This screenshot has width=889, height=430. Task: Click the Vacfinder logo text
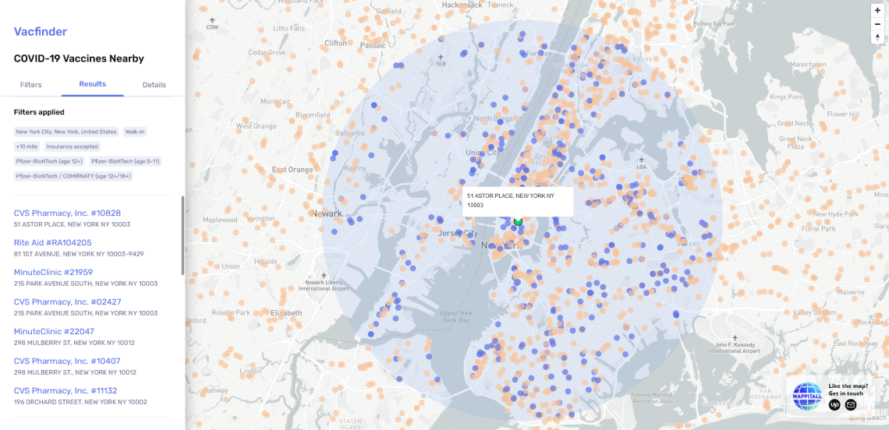pos(41,32)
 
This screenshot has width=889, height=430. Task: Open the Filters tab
pos(31,84)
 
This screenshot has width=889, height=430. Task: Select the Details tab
pos(154,84)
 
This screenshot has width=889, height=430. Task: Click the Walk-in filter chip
pos(135,132)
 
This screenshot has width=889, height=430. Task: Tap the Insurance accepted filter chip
pos(72,146)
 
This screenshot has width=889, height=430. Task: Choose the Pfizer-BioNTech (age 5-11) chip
pos(125,161)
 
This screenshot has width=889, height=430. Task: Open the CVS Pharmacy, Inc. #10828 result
pos(67,213)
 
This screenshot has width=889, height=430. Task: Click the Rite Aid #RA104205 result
pos(53,242)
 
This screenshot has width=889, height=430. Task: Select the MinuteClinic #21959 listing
pos(53,272)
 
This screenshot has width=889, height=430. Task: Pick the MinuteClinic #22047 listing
pos(54,331)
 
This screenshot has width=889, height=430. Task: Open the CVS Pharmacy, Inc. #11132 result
pos(66,390)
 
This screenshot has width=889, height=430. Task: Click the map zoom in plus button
pos(877,10)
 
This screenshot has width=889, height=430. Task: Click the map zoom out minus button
pos(877,23)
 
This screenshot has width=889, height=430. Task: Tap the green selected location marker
pos(518,222)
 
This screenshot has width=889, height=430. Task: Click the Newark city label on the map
pos(328,213)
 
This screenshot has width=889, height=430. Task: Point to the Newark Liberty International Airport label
pos(325,284)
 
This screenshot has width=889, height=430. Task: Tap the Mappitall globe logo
pos(807,396)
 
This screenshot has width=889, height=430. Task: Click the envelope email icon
pos(851,404)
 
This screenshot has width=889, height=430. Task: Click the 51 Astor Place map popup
pos(518,200)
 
